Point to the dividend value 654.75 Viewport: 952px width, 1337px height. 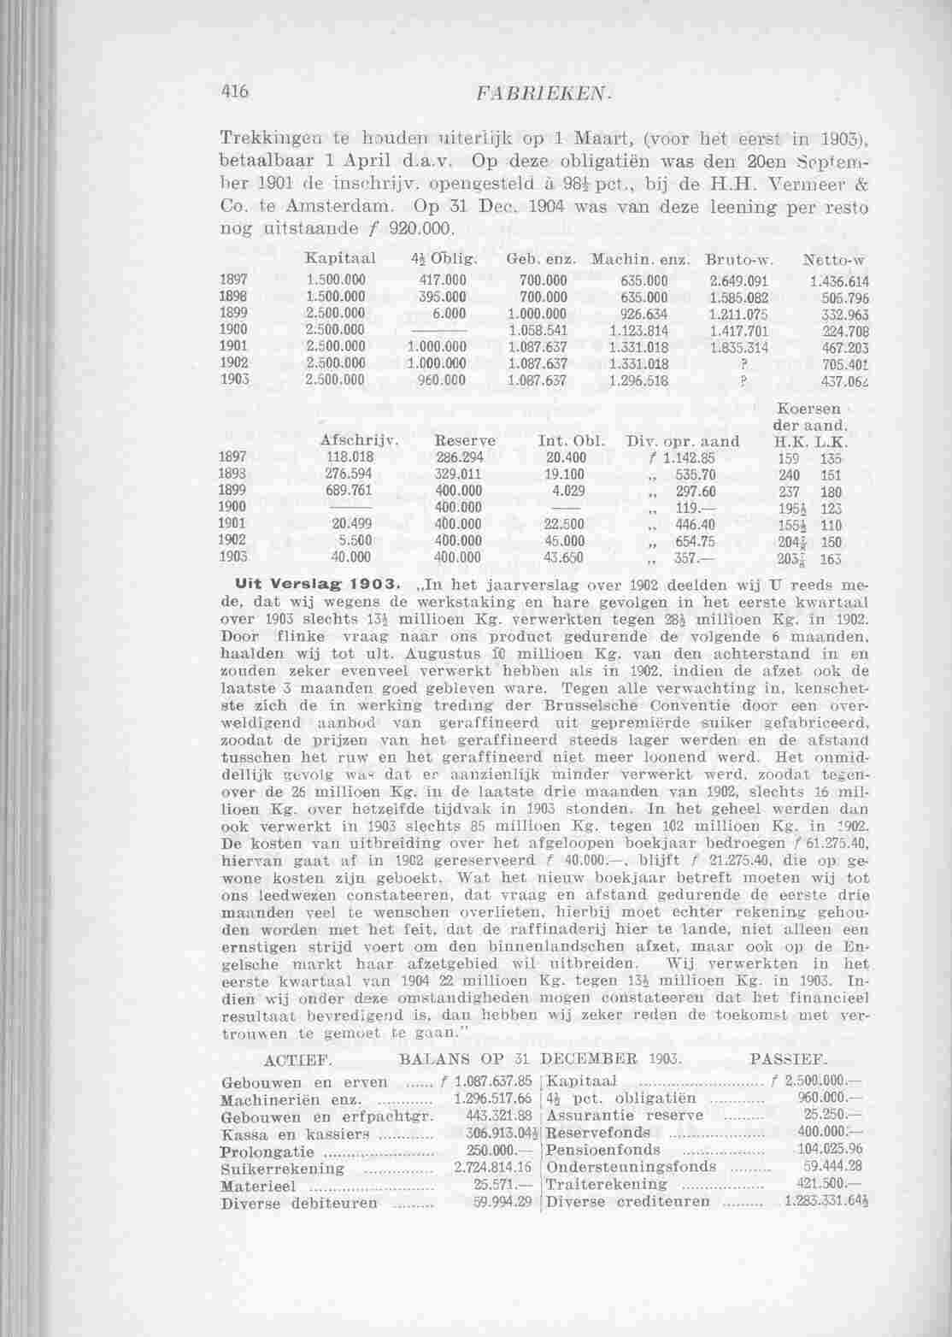pos(694,540)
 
